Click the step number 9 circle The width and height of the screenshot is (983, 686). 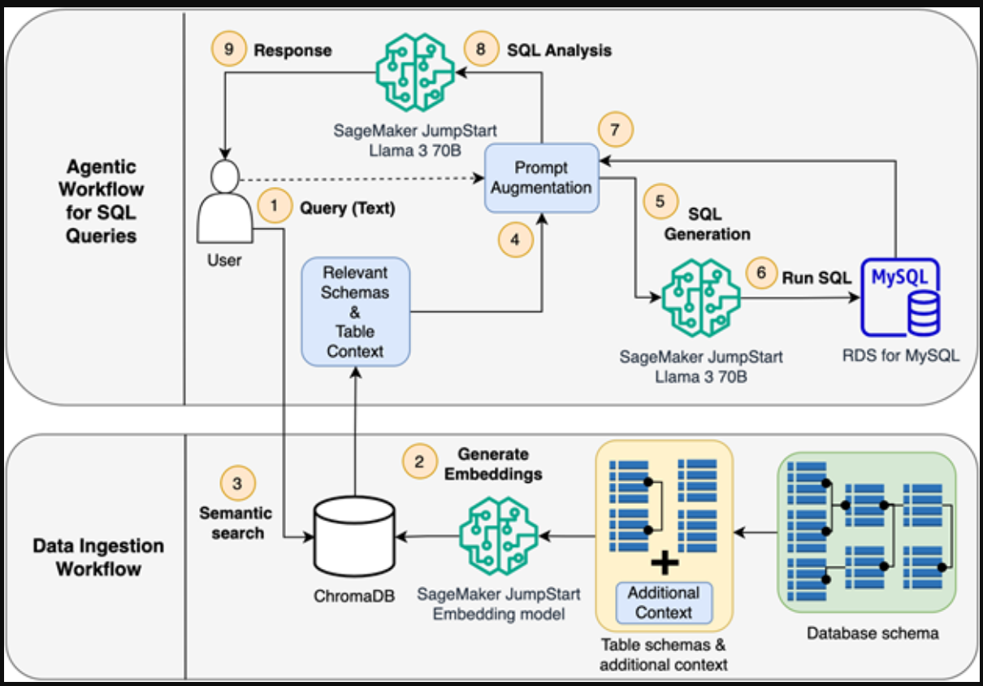point(228,50)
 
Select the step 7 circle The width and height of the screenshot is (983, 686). point(615,128)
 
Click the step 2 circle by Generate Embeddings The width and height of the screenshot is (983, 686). point(419,462)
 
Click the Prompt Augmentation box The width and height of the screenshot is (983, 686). point(541,177)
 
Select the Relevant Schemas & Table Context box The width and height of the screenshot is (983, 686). point(356,311)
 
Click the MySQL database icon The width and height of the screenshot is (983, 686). point(899,297)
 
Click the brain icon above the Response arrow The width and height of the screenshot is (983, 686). point(414,74)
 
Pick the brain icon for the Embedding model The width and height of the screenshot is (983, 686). point(498,536)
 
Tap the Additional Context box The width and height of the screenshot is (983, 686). point(664,602)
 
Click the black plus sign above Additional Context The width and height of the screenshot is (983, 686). point(665,562)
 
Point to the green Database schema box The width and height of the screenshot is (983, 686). point(866,532)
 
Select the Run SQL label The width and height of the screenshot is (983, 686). point(816,277)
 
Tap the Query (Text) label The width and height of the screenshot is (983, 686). point(347,208)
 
